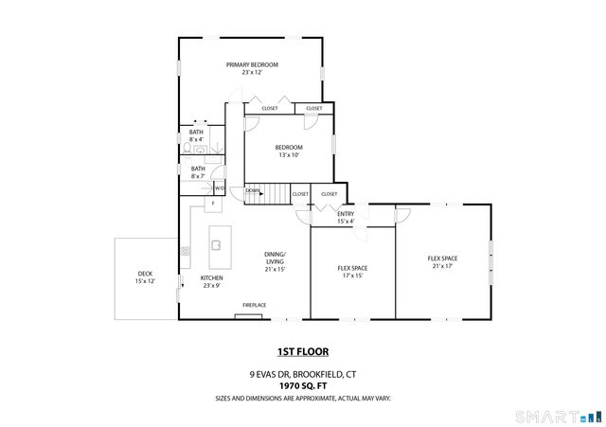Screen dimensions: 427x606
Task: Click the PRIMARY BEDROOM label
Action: (x=252, y=64)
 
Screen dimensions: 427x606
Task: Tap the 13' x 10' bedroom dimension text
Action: (x=289, y=155)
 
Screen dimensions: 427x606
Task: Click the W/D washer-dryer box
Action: (x=219, y=187)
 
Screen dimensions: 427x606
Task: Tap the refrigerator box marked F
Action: (x=213, y=204)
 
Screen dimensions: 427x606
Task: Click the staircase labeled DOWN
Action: (x=266, y=193)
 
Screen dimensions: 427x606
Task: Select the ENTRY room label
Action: (x=346, y=214)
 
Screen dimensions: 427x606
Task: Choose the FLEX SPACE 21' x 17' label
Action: (x=442, y=262)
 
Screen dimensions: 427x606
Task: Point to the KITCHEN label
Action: (x=211, y=277)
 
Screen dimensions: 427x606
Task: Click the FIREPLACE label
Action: (x=254, y=305)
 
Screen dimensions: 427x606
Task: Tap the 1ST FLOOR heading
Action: (x=302, y=351)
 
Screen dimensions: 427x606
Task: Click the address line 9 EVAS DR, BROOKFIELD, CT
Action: (x=302, y=373)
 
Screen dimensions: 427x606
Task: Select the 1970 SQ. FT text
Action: (x=302, y=385)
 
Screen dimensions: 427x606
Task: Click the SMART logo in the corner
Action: (x=558, y=416)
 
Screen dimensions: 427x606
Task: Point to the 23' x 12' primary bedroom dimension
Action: (x=252, y=72)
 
